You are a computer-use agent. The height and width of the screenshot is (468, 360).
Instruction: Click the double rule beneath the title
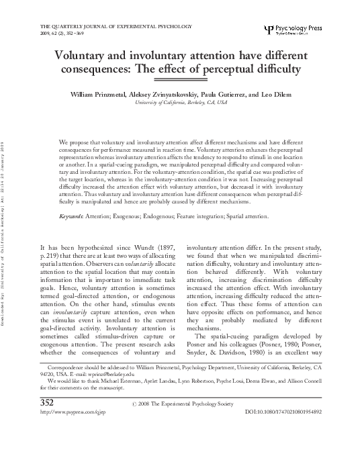point(181,79)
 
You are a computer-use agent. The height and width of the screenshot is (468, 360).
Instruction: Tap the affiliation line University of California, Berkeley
point(181,103)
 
